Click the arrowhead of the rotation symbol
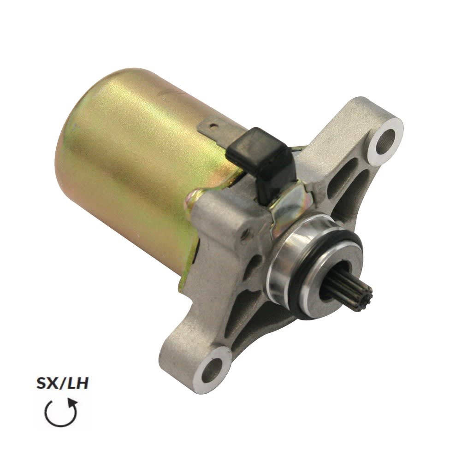coord(73,403)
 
